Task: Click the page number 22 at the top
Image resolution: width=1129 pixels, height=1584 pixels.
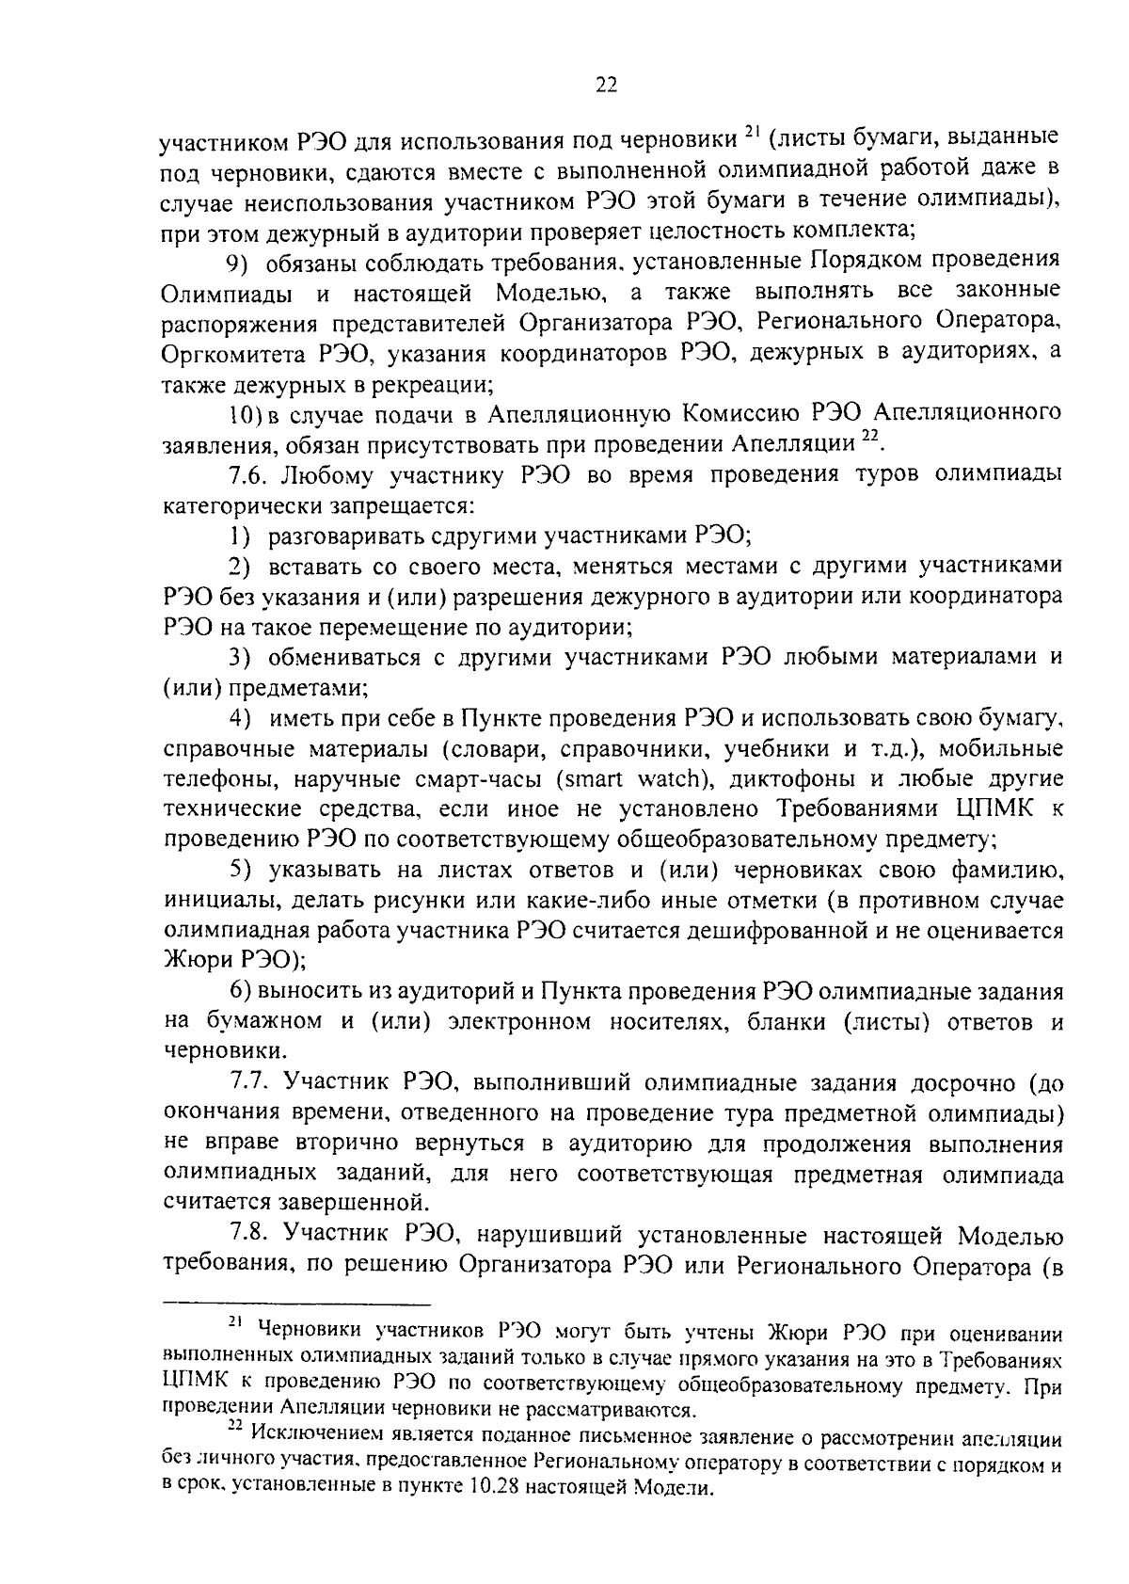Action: coord(605,86)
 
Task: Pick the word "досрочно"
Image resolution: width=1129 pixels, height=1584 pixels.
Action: coord(959,1083)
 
